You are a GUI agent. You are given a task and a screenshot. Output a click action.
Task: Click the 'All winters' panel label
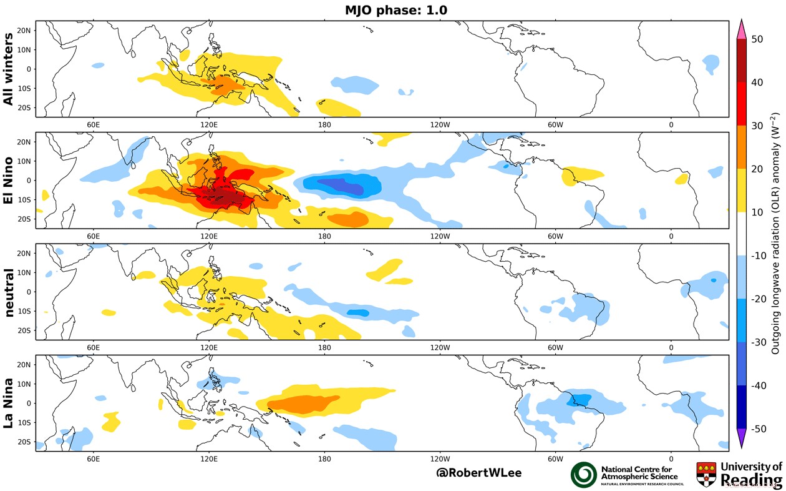coord(11,69)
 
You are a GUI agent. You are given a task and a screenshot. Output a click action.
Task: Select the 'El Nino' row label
coord(11,180)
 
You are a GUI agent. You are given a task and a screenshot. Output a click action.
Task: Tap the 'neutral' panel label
coord(11,292)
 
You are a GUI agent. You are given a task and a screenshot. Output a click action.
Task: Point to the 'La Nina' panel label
coord(11,403)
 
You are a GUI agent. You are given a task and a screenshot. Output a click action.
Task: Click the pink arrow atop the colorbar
coord(742,29)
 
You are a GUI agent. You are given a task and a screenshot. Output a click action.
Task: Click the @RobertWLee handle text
coord(478,473)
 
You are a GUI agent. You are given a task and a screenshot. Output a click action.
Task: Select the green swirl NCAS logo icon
coord(584,475)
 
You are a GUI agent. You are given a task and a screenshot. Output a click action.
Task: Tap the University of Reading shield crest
coord(706,474)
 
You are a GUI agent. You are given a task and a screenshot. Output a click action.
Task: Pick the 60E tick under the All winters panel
coord(94,124)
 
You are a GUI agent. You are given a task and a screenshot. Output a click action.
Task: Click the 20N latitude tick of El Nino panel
coord(25,142)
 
